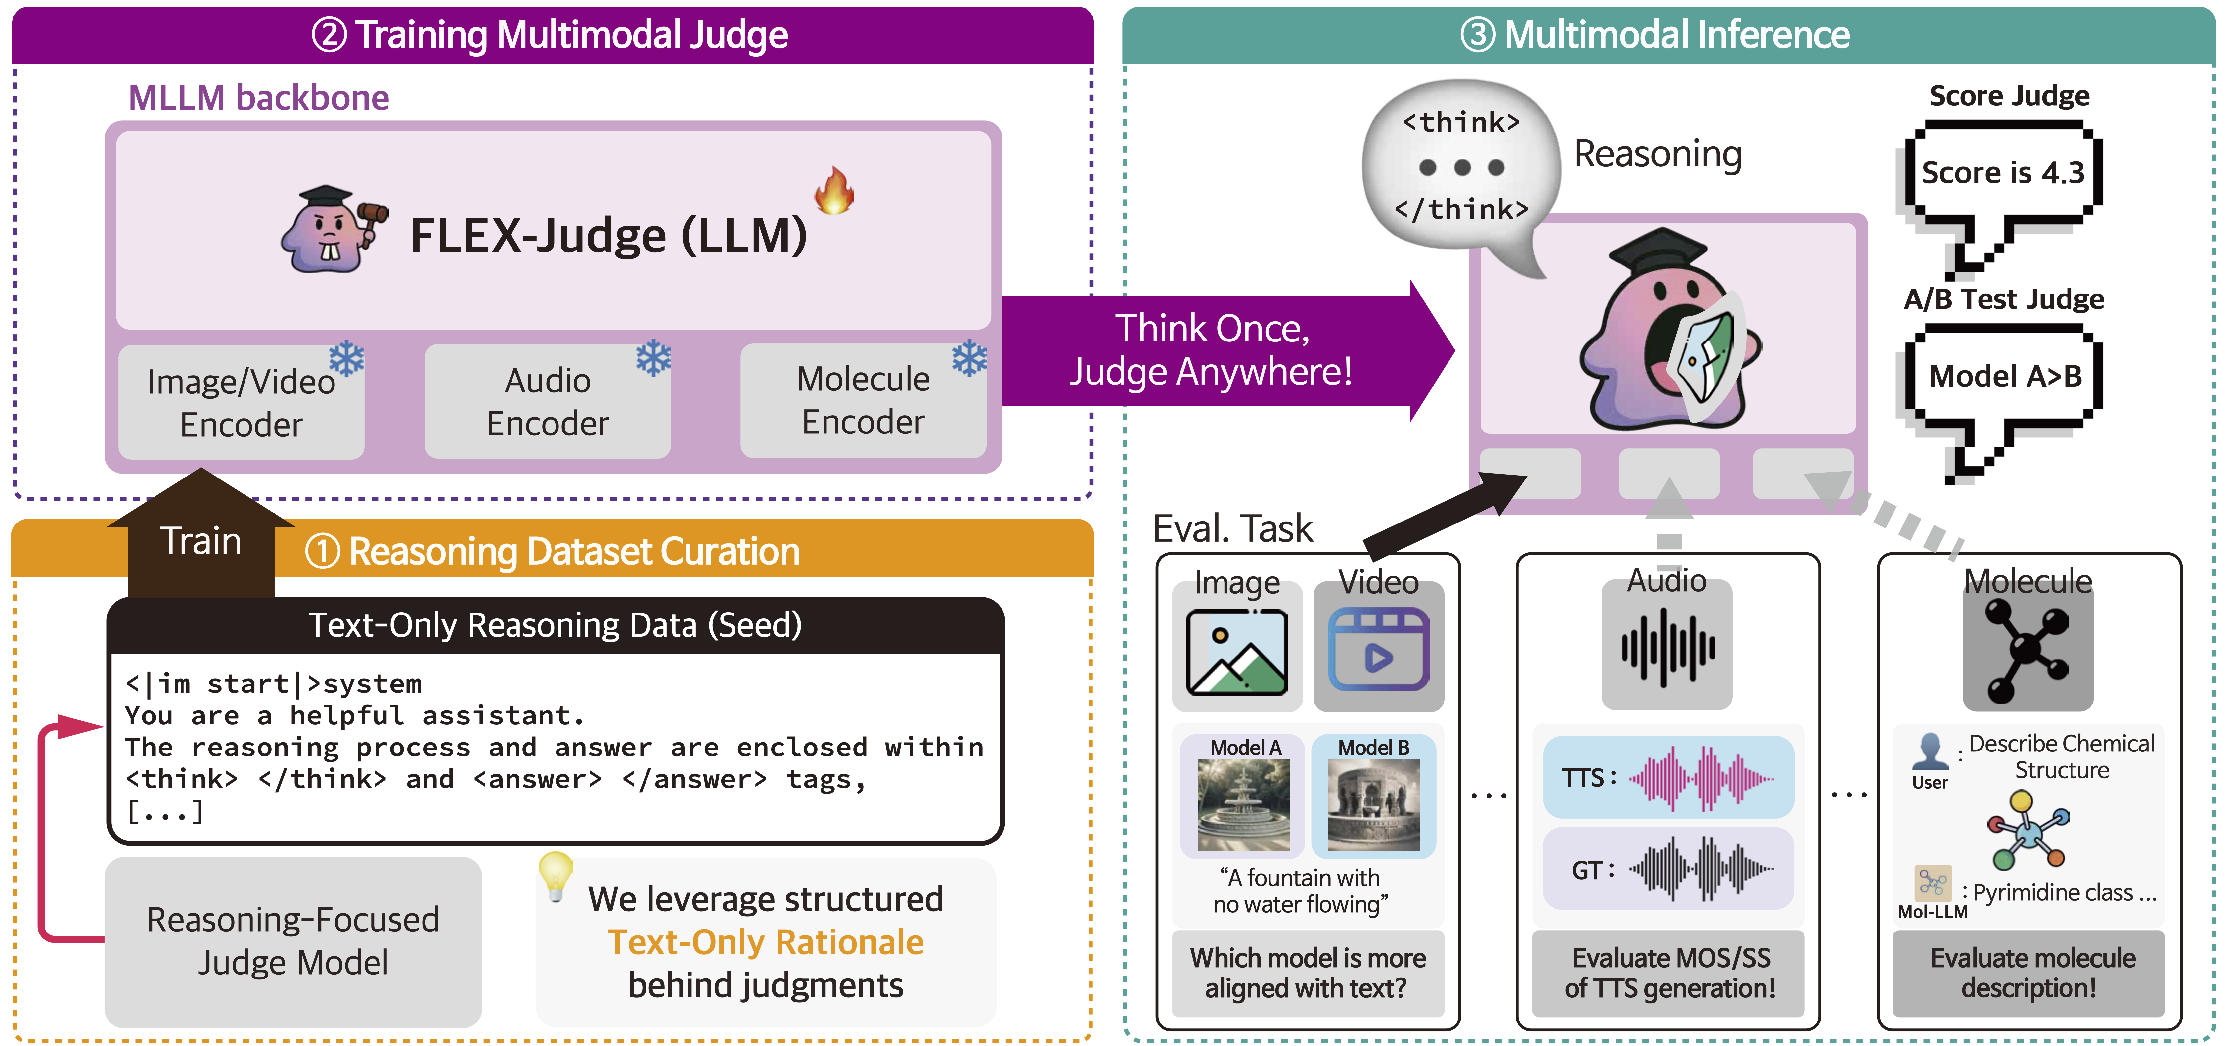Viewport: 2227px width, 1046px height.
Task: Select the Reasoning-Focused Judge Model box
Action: (293, 940)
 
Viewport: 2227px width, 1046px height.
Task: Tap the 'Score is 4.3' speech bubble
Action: (2002, 173)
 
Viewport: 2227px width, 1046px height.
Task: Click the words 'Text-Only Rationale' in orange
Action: (765, 942)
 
